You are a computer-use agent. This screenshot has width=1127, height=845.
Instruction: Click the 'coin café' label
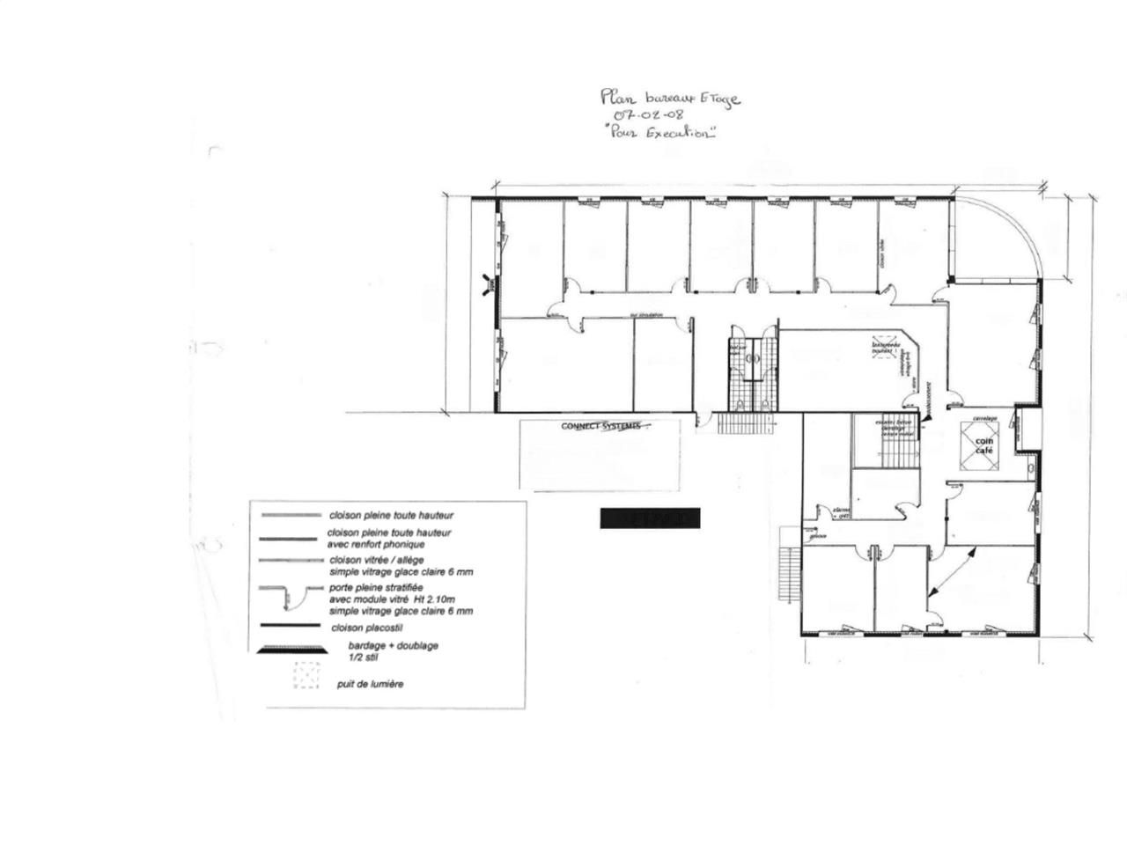983,445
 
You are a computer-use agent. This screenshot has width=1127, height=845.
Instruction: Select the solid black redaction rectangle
650,518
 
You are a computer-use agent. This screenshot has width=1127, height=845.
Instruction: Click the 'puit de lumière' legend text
370,684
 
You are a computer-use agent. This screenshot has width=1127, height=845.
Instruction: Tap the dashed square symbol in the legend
306,675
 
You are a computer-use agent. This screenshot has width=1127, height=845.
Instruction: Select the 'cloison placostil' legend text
368,628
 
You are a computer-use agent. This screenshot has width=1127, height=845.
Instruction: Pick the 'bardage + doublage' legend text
388,645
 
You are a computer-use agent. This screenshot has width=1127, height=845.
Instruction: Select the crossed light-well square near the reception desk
883,346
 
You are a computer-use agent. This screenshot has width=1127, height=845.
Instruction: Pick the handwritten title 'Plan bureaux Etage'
669,97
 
